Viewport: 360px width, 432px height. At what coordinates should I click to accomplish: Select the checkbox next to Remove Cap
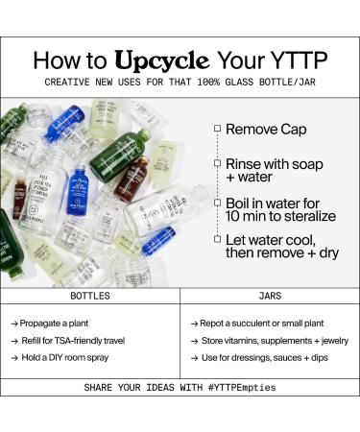click(x=218, y=128)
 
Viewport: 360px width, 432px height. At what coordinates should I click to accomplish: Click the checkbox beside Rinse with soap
click(x=218, y=163)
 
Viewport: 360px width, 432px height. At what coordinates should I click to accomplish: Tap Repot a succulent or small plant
click(x=262, y=324)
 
